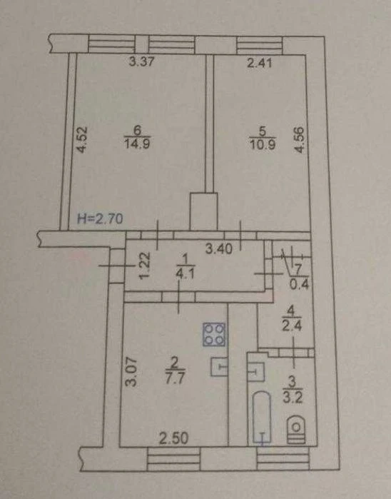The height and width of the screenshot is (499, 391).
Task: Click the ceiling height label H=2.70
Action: coord(100,218)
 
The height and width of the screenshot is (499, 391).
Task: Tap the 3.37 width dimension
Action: coord(141,61)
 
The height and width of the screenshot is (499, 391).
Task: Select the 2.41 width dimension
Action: coord(260,62)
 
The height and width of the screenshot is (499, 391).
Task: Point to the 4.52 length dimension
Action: coord(81,140)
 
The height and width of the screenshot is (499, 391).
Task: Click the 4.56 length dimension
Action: coord(299,140)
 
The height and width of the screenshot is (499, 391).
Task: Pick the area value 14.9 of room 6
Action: coord(138,143)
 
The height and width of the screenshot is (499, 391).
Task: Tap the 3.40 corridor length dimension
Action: coord(219,248)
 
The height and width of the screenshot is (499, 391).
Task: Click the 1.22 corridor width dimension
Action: coord(145,265)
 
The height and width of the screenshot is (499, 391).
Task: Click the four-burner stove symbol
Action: coord(214,334)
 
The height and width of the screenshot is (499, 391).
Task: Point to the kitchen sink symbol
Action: coord(219,367)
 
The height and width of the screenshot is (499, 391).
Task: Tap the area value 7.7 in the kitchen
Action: coord(176,378)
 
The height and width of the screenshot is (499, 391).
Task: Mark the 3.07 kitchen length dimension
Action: coord(131,373)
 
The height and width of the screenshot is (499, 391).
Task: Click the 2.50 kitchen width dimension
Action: coord(173,439)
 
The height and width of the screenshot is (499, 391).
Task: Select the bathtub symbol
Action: coord(262,417)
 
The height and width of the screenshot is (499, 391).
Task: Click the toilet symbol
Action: coord(296,430)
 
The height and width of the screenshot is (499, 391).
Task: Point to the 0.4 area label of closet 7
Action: coord(300,284)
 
